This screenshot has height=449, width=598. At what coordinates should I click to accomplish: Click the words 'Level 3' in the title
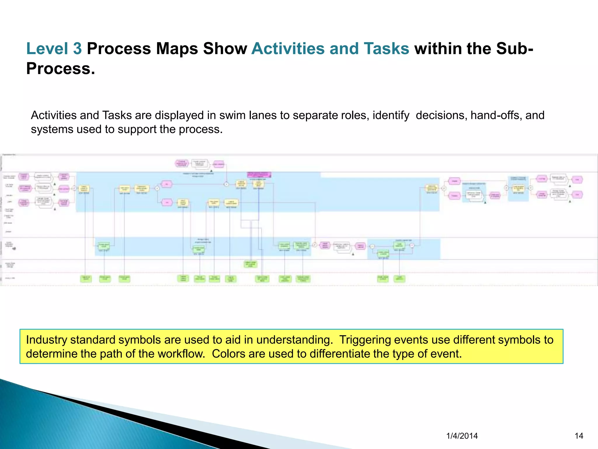(54, 49)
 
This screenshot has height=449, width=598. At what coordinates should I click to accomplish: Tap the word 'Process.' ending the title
(60, 69)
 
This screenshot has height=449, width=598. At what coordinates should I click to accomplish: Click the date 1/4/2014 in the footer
(462, 436)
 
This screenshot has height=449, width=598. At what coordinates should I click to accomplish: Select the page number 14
(579, 436)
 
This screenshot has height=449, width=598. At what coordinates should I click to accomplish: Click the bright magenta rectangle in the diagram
(259, 175)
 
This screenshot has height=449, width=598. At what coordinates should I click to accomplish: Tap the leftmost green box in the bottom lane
(86, 279)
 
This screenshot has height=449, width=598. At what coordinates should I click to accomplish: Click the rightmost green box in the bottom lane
(399, 279)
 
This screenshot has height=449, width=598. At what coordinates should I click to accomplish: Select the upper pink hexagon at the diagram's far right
(577, 179)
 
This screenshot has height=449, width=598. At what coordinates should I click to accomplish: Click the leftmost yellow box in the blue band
(84, 188)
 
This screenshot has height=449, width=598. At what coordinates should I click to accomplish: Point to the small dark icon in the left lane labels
(14, 248)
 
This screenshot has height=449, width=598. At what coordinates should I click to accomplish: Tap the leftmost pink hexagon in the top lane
(182, 163)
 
